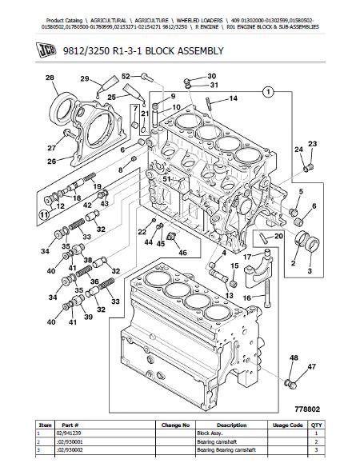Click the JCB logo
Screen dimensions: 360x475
(x=46, y=50)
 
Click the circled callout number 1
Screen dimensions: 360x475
(x=268, y=91)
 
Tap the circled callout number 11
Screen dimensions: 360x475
(x=44, y=214)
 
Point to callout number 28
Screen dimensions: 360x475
(x=50, y=78)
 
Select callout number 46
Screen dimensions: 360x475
(x=182, y=252)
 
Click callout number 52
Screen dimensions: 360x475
(x=126, y=76)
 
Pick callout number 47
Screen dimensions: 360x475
(x=312, y=366)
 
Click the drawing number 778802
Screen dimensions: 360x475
(x=307, y=409)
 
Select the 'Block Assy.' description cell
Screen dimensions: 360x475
(x=210, y=433)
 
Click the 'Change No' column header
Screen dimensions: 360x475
(x=175, y=425)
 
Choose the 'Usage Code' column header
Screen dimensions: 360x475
(x=287, y=425)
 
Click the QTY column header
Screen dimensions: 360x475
(x=316, y=425)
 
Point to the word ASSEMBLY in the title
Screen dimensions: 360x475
(x=200, y=51)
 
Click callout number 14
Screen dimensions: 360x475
(x=233, y=98)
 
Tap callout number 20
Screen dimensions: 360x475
(x=278, y=236)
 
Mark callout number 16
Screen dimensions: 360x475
(x=247, y=297)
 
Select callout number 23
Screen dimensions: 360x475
(x=313, y=144)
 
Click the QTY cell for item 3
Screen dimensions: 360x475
(x=316, y=450)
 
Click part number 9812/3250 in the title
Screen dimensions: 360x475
(x=86, y=51)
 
